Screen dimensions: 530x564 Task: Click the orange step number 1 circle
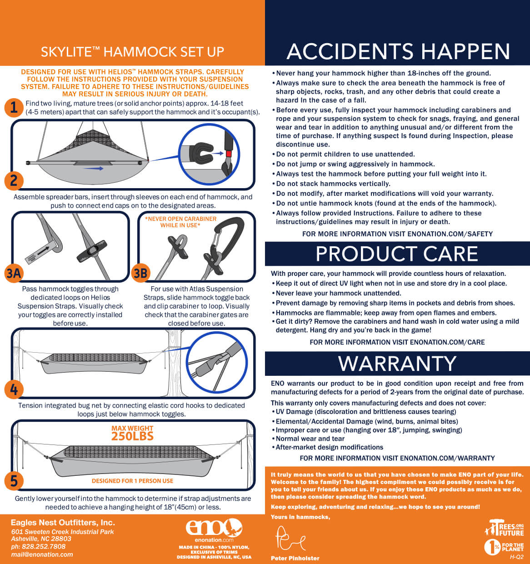pos(14,108)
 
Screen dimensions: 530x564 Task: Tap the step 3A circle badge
pos(14,273)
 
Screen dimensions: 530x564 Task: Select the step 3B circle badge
pos(140,273)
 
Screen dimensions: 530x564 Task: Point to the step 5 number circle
pos(14,481)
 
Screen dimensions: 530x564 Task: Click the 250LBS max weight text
pos(132,436)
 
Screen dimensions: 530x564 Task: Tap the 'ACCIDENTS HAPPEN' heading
pos(398,51)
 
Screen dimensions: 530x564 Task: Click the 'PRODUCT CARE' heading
pos(397,254)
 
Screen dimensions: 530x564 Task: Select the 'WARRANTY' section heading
pos(397,363)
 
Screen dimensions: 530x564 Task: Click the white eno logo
pos(214,527)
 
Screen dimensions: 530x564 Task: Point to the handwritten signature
pos(290,539)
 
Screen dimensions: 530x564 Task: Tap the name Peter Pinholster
pos(295,558)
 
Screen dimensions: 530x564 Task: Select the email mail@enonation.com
pos(42,554)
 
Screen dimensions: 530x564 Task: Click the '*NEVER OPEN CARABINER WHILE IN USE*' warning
pos(180,222)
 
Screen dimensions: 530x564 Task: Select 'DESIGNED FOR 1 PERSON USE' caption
pos(132,481)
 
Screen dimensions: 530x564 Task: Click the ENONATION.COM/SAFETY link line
pos(397,234)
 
